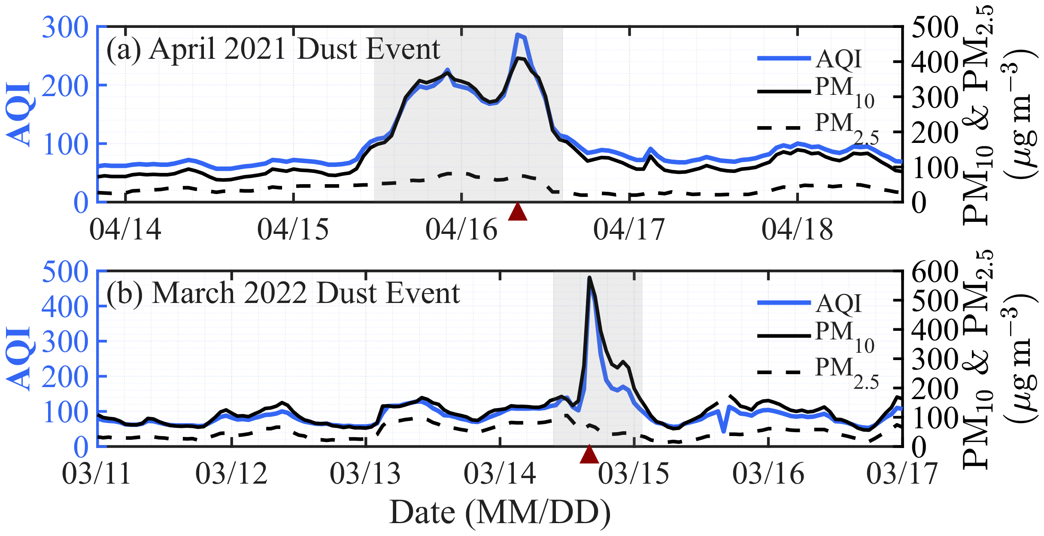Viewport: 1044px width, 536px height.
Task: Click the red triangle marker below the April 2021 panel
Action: (x=517, y=212)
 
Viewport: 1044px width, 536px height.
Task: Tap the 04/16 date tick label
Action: (x=461, y=230)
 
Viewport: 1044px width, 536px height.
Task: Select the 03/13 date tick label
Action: (x=365, y=474)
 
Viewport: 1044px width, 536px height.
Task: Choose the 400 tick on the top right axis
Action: (x=935, y=62)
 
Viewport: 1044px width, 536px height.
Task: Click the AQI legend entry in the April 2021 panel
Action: (x=810, y=59)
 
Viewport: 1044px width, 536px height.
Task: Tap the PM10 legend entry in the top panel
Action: (x=816, y=91)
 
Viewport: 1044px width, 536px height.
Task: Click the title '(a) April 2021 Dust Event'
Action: (x=273, y=49)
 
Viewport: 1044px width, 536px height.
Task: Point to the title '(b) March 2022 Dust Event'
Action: (x=283, y=294)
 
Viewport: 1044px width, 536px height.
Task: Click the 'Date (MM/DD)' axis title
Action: (x=500, y=513)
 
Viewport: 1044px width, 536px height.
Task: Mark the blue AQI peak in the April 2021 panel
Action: (x=518, y=34)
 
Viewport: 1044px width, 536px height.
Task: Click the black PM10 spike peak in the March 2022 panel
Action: (x=589, y=278)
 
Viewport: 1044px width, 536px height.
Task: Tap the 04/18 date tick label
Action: (x=797, y=230)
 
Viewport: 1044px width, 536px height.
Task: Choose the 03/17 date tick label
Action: (x=902, y=474)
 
